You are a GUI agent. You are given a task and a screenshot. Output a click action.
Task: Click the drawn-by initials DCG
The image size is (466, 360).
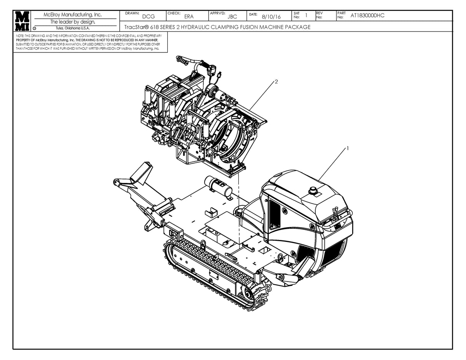point(148,16)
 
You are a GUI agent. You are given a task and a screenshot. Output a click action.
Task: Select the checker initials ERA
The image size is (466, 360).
point(189,16)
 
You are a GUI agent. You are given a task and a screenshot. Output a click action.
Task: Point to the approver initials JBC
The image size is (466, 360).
point(232,16)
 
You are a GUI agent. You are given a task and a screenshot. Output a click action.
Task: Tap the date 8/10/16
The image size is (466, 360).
point(271,16)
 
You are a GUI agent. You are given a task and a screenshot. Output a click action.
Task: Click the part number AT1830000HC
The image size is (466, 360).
point(367,16)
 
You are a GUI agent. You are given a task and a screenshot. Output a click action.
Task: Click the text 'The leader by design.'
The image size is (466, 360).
point(73,22)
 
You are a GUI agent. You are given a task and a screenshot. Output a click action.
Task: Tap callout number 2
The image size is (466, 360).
point(276,82)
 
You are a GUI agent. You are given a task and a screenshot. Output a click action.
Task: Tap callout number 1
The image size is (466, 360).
point(348,148)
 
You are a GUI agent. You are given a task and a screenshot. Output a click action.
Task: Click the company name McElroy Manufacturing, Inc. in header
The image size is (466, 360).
point(73,15)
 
